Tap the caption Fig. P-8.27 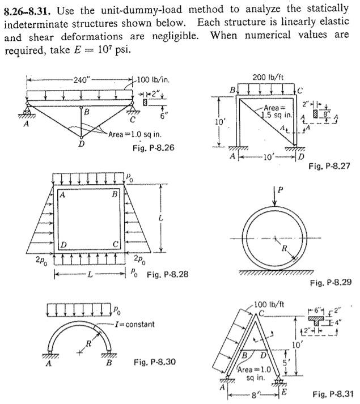point(331,167)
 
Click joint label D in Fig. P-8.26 point(81,144)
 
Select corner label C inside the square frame point(115,244)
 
